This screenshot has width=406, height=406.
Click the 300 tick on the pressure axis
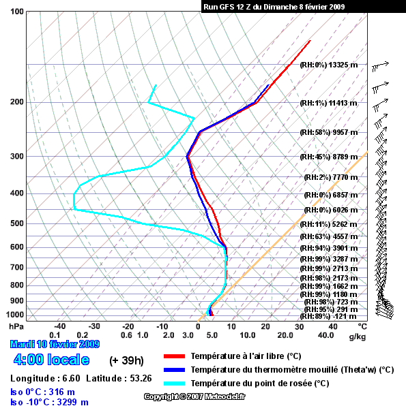[x=17, y=157]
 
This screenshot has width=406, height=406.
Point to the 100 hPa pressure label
[x=17, y=12]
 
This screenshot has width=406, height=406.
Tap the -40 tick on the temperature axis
[x=60, y=326]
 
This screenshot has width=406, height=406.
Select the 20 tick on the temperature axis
[x=265, y=326]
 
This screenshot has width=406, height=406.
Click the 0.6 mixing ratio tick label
[x=126, y=335]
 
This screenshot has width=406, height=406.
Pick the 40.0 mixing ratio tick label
[x=326, y=335]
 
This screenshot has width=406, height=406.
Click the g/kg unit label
[x=358, y=337]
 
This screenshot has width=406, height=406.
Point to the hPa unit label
[x=16, y=326]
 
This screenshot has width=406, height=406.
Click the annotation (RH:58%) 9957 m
[x=329, y=133]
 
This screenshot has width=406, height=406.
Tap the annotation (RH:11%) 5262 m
[x=329, y=224]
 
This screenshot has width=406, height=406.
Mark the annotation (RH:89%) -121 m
[x=328, y=316]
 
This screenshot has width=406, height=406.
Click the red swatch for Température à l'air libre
[x=174, y=356]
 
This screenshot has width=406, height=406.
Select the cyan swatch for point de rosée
[x=174, y=384]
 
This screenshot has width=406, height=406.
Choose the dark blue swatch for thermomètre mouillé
[x=174, y=370]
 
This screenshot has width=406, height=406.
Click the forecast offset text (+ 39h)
[x=126, y=360]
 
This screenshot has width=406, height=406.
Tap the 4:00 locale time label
[x=51, y=360]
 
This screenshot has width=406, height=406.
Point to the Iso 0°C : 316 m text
[x=42, y=392]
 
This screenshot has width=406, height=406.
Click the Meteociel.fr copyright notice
[x=194, y=396]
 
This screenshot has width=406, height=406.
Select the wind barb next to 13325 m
[x=380, y=67]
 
